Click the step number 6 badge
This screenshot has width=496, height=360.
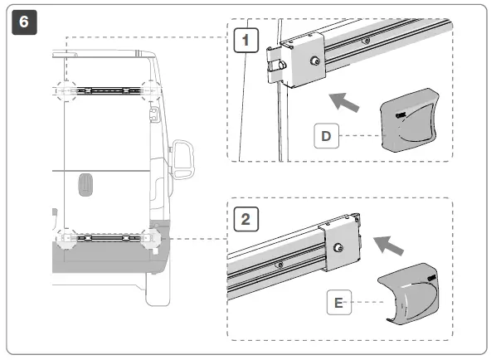pos(22,22)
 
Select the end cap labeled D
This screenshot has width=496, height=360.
pos(408,121)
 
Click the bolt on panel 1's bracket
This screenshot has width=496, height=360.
pos(314,61)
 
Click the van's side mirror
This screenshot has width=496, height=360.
pos(183,158)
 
